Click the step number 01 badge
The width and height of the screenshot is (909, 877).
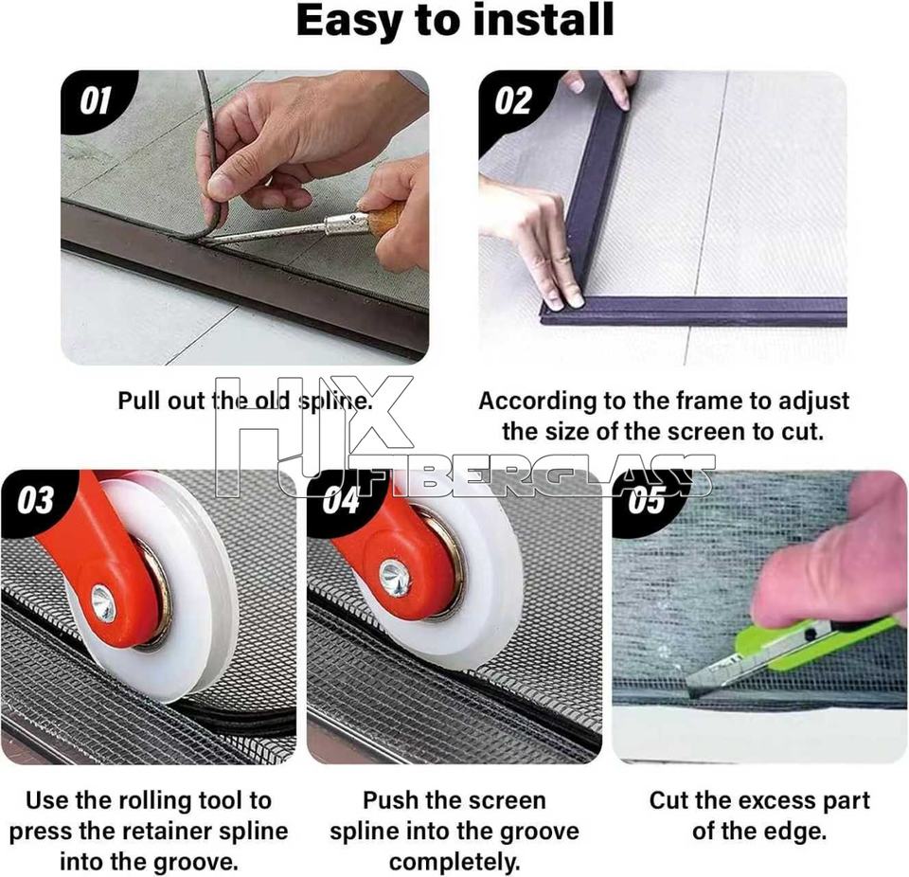95,101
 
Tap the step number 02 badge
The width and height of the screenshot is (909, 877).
513,101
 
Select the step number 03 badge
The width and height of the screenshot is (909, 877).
35,501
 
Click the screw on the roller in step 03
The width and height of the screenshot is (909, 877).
103,604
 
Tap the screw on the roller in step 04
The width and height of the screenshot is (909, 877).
395,578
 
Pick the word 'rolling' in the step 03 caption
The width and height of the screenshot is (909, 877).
154,801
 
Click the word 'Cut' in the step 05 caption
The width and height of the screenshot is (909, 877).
668,800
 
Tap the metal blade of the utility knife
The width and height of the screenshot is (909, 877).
714,672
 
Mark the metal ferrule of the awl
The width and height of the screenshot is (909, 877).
347,223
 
